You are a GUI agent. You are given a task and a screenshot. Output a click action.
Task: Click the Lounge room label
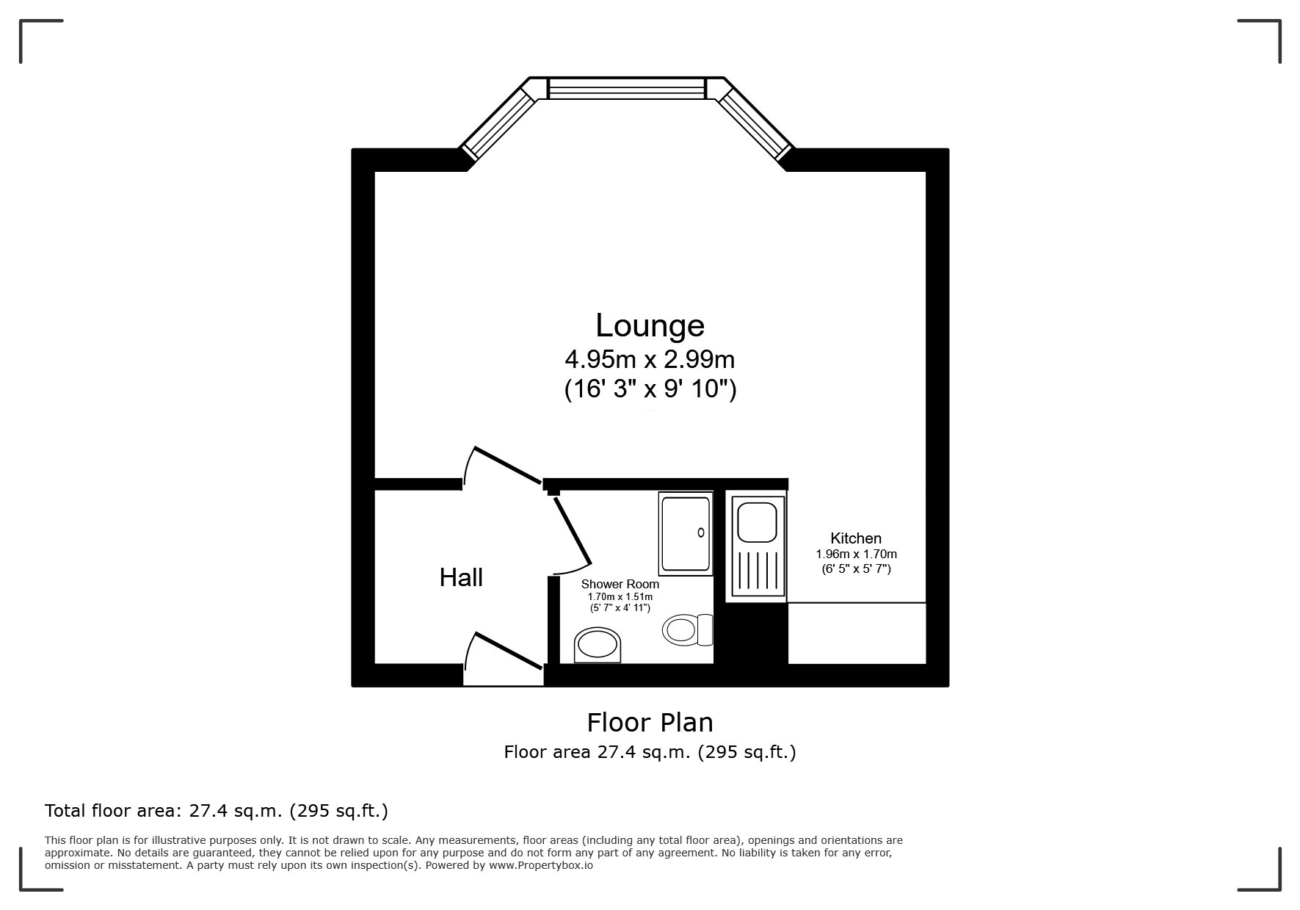(x=650, y=325)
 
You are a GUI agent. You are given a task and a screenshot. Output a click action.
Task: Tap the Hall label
(x=461, y=578)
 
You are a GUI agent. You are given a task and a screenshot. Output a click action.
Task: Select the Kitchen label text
(x=856, y=538)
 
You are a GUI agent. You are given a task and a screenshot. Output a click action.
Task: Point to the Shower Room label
(x=620, y=585)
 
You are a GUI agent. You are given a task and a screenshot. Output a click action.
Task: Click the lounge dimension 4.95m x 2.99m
(x=650, y=360)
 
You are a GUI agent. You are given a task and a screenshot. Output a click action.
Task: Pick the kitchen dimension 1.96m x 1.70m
(x=856, y=555)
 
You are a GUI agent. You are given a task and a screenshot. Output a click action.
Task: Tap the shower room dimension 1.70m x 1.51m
(x=620, y=597)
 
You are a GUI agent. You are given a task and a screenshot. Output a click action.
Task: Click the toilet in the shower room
(x=688, y=629)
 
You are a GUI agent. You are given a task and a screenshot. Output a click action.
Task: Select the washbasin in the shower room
(x=598, y=646)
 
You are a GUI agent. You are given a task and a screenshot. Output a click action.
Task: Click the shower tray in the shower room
(x=686, y=533)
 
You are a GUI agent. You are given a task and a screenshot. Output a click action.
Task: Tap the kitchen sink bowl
(x=756, y=521)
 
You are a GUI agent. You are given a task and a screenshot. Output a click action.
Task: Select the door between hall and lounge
(x=503, y=467)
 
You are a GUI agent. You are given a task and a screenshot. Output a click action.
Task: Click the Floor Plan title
(x=650, y=723)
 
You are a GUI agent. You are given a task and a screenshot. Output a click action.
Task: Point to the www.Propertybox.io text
(x=540, y=865)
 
